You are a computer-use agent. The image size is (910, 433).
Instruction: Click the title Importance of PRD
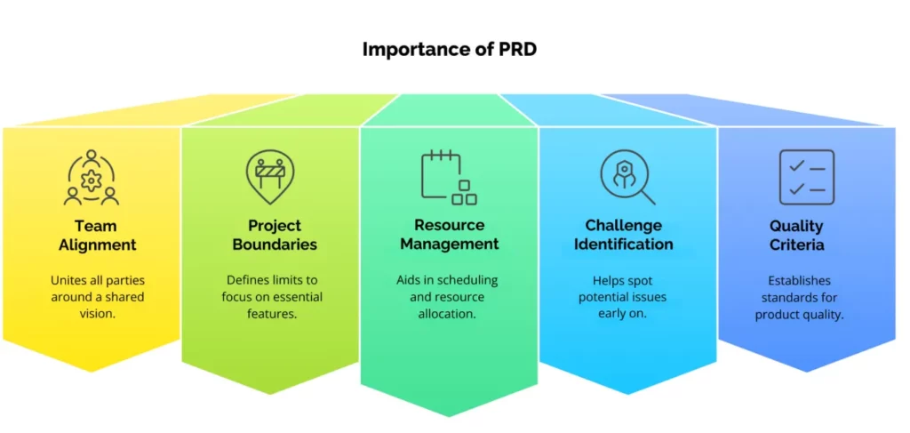tap(449, 49)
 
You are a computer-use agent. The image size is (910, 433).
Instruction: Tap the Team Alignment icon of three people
tap(92, 178)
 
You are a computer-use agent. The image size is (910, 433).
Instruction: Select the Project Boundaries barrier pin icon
tap(270, 176)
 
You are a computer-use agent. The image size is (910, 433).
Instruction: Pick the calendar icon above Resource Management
tap(448, 178)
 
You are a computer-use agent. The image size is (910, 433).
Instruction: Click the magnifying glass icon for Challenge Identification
tap(627, 177)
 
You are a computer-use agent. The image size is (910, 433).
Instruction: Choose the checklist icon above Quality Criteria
tap(806, 177)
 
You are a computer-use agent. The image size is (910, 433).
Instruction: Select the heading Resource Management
tap(449, 235)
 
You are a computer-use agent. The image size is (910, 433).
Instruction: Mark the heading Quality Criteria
tap(796, 235)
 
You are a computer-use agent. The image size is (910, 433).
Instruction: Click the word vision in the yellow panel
tap(97, 314)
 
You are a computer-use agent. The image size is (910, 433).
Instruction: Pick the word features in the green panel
tap(272, 314)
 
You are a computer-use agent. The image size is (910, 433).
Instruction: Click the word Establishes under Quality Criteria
tap(786, 280)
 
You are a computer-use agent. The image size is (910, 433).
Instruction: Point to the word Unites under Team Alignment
tap(68, 280)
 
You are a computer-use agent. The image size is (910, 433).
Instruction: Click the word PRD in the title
tap(516, 49)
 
